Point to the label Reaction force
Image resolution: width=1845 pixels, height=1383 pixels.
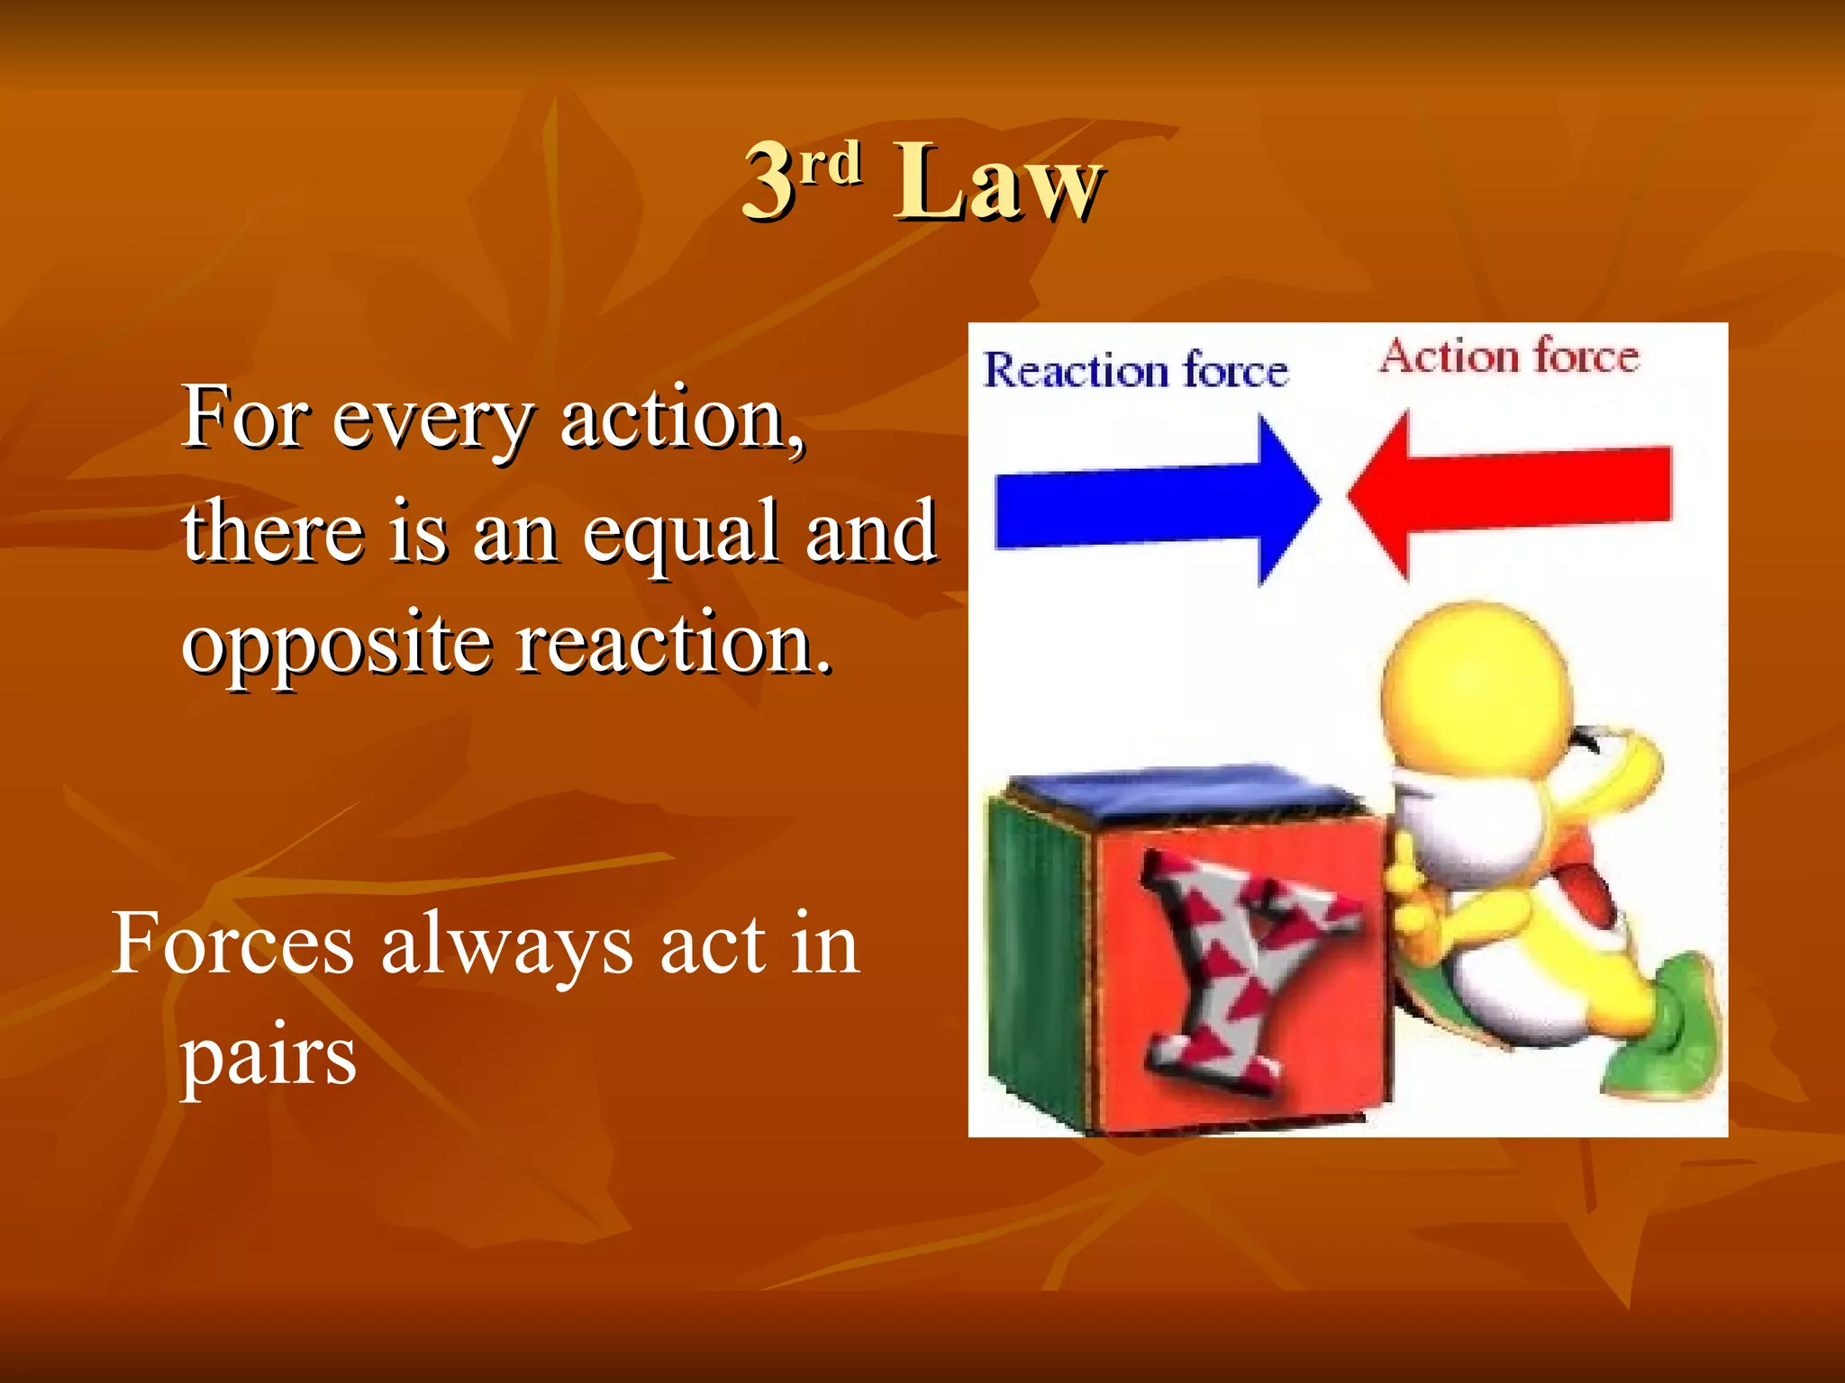point(1135,370)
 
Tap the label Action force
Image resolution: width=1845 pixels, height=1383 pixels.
point(1509,356)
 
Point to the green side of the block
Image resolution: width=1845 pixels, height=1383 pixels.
point(1036,954)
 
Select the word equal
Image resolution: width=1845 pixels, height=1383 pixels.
point(680,536)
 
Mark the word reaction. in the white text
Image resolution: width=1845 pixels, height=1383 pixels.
point(673,644)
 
